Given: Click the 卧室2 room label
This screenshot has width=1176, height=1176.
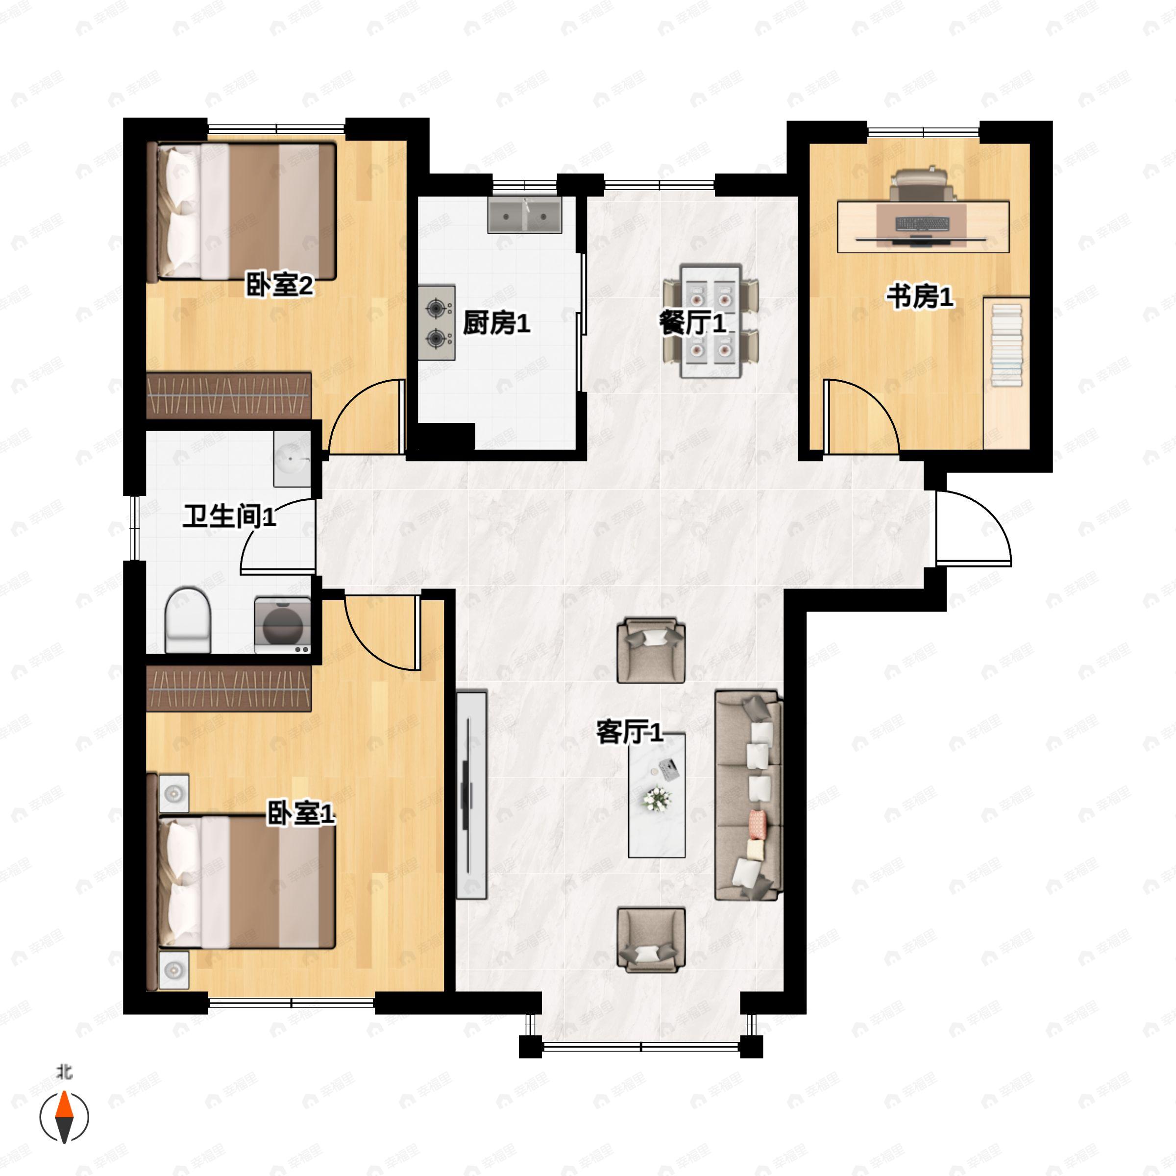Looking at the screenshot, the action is [279, 284].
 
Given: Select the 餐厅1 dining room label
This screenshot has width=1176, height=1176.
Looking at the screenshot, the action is [693, 322].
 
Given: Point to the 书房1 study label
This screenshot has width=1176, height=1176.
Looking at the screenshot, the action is [919, 297].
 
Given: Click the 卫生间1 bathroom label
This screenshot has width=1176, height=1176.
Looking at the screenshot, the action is [229, 517].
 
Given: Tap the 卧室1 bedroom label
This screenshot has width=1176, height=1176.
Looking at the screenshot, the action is [301, 813].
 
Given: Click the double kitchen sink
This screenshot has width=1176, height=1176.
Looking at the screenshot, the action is [524, 215].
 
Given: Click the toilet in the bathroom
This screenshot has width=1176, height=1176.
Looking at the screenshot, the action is [188, 620].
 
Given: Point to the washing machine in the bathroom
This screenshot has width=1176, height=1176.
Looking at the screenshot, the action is [282, 626].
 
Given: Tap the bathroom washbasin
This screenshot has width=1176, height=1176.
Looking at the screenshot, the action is [292, 459].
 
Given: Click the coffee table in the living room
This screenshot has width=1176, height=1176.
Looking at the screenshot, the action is [657, 795].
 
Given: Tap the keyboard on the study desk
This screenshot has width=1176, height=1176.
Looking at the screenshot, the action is [922, 224].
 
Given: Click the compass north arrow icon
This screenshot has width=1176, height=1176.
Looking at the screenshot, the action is [64, 1117].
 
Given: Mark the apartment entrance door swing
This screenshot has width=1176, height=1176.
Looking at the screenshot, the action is [973, 527].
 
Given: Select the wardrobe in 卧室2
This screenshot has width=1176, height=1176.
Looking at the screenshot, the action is [229, 395].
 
